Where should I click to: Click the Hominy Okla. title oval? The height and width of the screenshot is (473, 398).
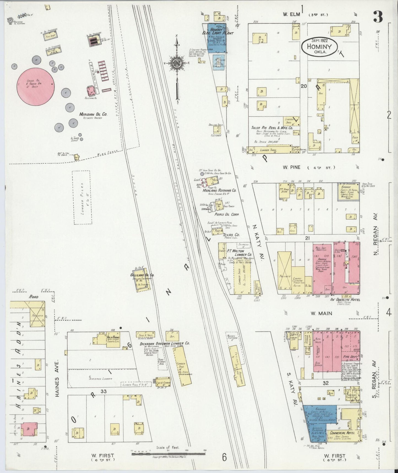pos(319,47)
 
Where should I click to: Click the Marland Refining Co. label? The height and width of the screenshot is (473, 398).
pos(219,190)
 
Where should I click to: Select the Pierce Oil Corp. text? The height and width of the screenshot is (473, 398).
pos(226,214)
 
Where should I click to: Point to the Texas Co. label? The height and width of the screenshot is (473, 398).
pos(231,235)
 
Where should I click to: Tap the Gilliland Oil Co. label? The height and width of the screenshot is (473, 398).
pos(142,275)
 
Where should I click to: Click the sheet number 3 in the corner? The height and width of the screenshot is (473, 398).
pos(378,17)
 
